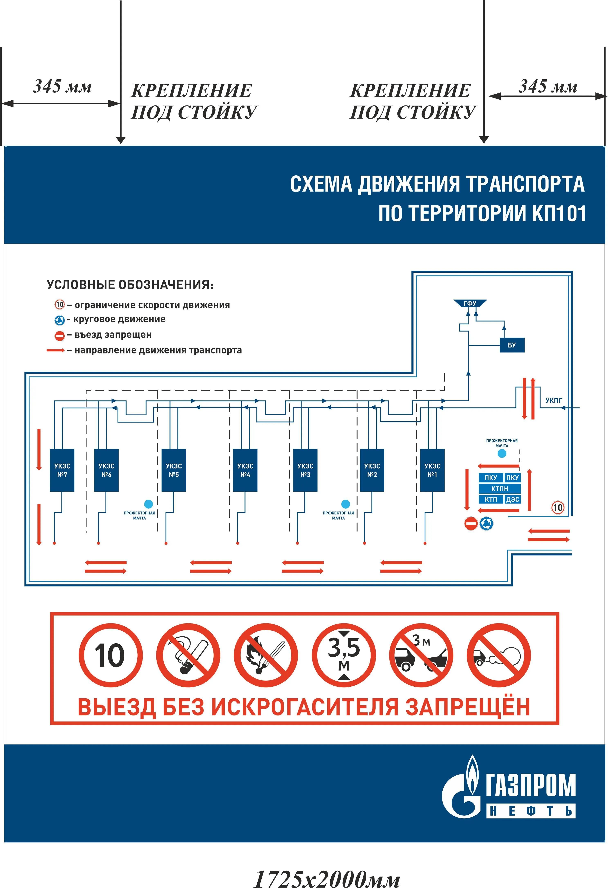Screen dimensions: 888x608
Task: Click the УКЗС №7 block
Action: [x=62, y=470]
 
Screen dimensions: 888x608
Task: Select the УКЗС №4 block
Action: [x=245, y=470]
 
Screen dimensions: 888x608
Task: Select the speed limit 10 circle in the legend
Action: [x=60, y=305]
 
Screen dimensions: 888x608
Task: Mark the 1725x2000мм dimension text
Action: [x=327, y=878]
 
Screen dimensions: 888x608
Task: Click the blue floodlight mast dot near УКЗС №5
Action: [x=148, y=504]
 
